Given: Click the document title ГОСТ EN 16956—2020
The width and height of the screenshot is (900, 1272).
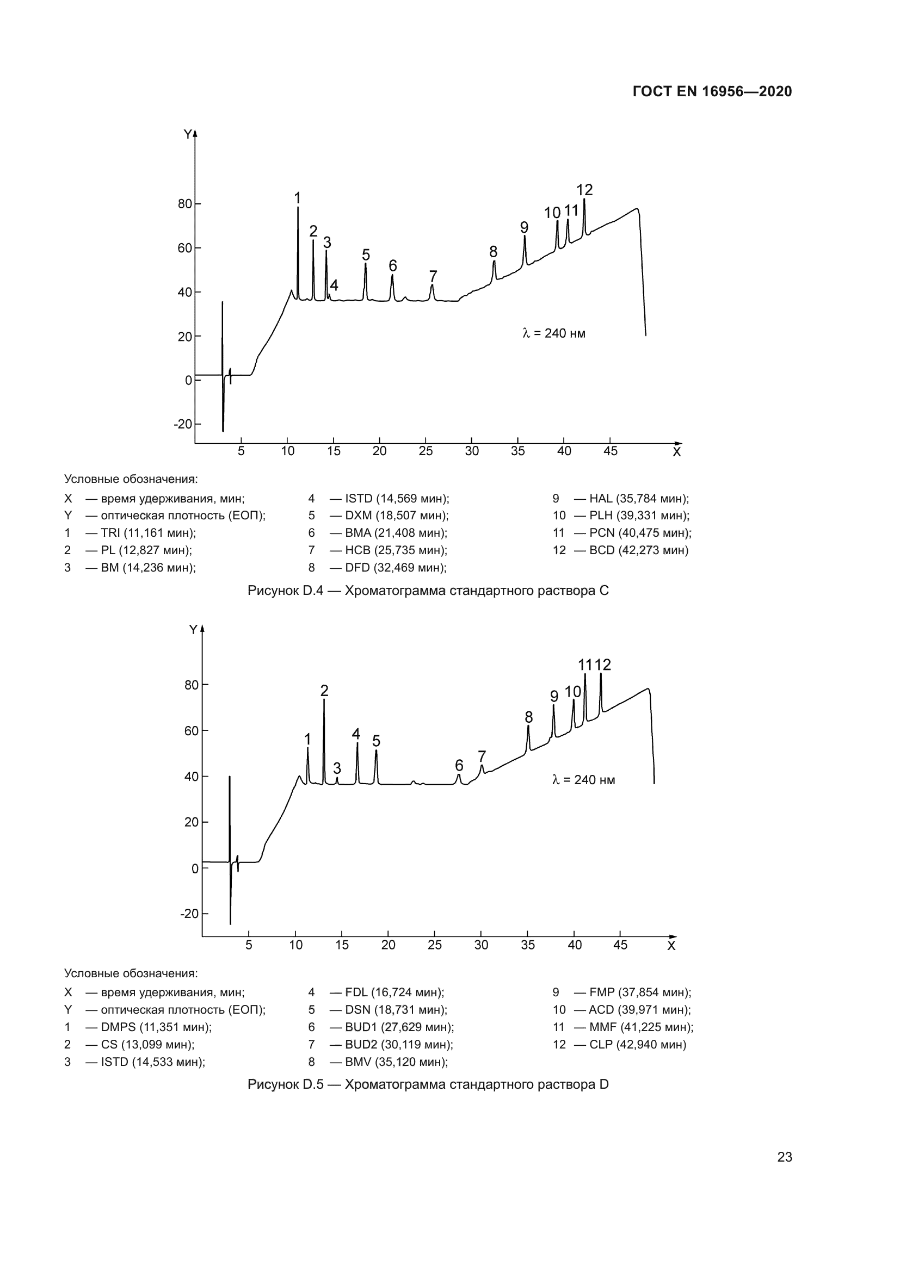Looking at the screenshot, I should pos(712,91).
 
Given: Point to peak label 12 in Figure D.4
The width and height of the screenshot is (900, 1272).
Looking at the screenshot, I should pos(584,190).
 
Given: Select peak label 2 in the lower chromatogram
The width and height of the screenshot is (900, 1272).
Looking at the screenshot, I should pos(324,691).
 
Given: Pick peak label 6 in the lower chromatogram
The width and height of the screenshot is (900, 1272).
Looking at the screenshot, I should pos(459,765).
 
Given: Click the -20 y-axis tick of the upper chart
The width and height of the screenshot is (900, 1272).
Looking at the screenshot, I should pos(183,424).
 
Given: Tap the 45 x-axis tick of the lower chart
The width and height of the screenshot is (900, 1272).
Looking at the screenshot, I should pos(620,945).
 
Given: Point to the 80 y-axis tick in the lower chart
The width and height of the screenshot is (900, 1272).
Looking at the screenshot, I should pos(191,685).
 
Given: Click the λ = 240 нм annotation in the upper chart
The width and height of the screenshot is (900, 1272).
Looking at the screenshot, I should pos(553,333).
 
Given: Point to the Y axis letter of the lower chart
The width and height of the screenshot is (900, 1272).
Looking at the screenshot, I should pos(193,630).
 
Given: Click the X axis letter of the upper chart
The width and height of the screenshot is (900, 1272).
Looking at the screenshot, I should pos(676,452).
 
